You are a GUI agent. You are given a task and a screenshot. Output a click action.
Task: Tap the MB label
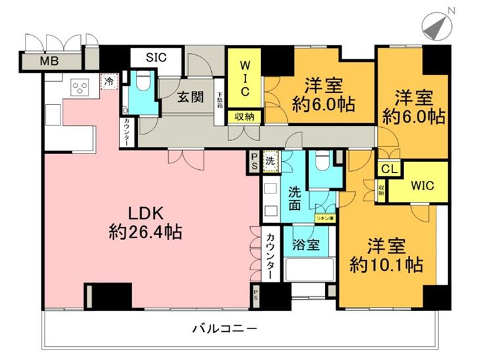pyautogui.click(x=48, y=62)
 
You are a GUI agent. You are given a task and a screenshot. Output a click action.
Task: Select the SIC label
pyautogui.click(x=156, y=57)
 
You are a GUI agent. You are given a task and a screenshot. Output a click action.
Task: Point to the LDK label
pyautogui.click(x=145, y=214)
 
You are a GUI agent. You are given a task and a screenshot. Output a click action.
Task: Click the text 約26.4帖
pyautogui.click(x=146, y=231)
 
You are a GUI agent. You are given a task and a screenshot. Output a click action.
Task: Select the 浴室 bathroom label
pyautogui.click(x=306, y=245)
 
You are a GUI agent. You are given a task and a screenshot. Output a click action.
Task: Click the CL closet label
pyautogui.click(x=389, y=169)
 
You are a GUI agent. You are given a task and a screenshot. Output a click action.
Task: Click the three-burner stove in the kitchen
pyautogui.click(x=81, y=87)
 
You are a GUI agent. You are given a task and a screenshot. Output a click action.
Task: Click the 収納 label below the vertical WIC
pyautogui.click(x=245, y=117)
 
